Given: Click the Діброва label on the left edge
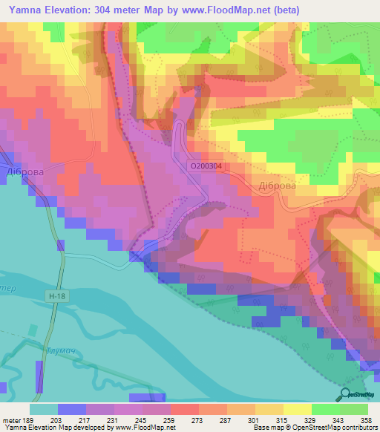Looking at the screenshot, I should point(24,171).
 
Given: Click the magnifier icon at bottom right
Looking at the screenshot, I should point(345,395).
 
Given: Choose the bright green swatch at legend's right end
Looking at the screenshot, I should point(354,409).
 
